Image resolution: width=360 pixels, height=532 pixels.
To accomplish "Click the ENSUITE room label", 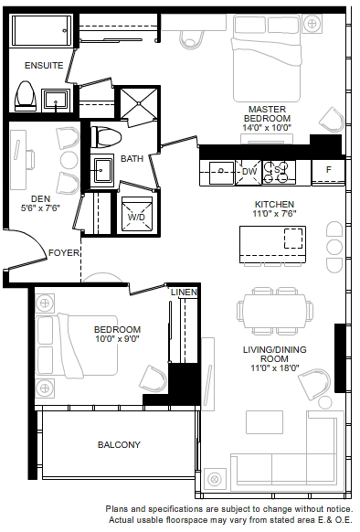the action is coord(44,65).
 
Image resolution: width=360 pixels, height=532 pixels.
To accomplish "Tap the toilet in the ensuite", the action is coord(26,96).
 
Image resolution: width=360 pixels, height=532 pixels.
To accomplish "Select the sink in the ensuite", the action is coord(56,101).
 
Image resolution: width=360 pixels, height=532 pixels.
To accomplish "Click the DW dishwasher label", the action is coord(249,171).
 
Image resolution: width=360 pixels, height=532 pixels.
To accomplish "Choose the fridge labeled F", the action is coord(328,173).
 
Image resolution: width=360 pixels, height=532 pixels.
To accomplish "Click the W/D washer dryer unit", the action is coord(137,214).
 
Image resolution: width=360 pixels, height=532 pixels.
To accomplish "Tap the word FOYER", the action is coord(64,253).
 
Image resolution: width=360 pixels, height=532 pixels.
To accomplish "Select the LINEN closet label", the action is coord(184,293).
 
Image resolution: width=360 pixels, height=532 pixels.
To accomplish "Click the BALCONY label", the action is coord(119,444).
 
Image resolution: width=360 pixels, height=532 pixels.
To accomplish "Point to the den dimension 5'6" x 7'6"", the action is coord(40,208).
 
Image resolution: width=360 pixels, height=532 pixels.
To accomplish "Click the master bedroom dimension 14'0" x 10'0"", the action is coord(267,128).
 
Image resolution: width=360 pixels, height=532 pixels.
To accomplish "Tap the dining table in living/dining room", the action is coord(275,311).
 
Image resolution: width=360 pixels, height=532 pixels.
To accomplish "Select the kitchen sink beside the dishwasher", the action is coord(221,173).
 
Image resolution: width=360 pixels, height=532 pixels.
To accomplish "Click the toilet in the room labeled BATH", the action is coord(107,137).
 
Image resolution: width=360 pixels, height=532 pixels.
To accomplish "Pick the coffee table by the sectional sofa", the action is coord(264,422).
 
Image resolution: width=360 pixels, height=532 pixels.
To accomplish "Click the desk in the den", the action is coord(18,159).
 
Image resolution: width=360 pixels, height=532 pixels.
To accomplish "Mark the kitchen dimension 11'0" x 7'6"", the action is coord(274,213).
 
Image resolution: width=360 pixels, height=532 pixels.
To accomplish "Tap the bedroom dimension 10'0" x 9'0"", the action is coord(117,338).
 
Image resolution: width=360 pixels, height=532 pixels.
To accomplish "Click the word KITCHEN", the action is coord(274,204).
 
